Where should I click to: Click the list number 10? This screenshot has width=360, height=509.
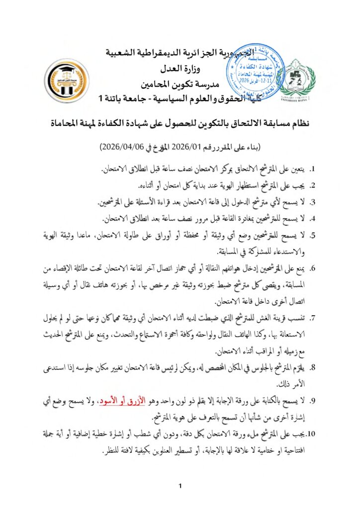click(x=312, y=434)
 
